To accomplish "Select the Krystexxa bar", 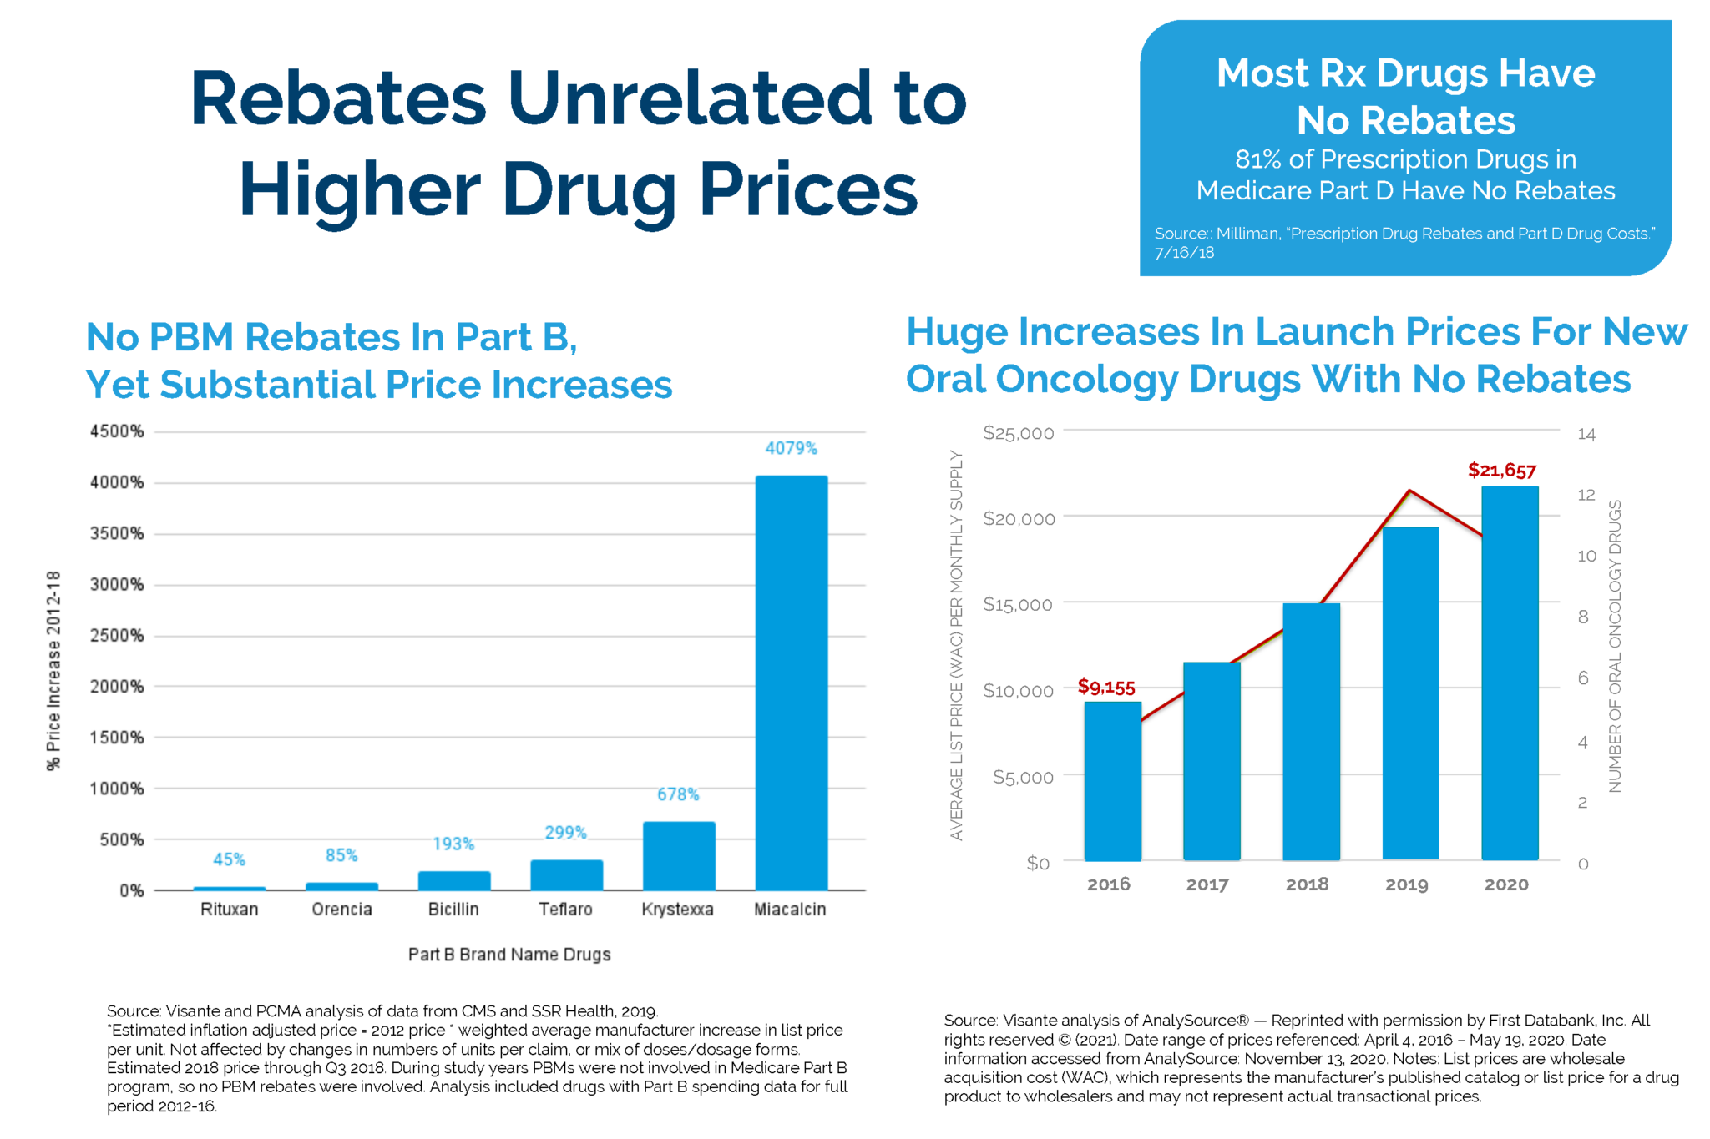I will tap(678, 856).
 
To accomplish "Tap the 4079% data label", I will tap(791, 448).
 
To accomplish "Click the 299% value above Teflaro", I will tap(565, 832).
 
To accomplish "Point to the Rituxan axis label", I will tap(229, 909).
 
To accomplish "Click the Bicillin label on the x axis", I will tap(453, 909).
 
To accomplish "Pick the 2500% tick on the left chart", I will tap(117, 635).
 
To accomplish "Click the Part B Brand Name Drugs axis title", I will tap(509, 954).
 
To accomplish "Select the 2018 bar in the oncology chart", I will tap(1311, 731).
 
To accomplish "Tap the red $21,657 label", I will tap(1501, 471).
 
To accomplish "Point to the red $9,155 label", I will tap(1105, 687).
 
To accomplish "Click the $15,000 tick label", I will tap(1017, 604).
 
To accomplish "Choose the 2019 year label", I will tap(1406, 884).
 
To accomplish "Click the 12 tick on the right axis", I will tap(1586, 495).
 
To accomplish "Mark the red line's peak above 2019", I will tap(1409, 491).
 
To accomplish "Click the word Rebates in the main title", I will tap(338, 98).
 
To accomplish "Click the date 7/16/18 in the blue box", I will tap(1184, 253).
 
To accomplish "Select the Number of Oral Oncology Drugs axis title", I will tap(1615, 646).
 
